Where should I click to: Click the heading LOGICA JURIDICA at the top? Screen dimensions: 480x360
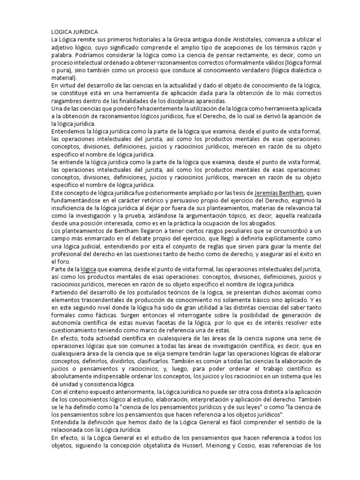[x=75, y=31]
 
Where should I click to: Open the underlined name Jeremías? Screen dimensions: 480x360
[x=270, y=193]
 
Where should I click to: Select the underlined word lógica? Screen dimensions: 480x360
[x=88, y=269]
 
